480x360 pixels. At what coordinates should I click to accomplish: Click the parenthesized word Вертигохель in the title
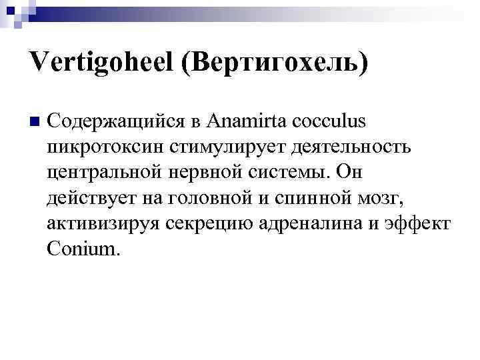280,65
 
